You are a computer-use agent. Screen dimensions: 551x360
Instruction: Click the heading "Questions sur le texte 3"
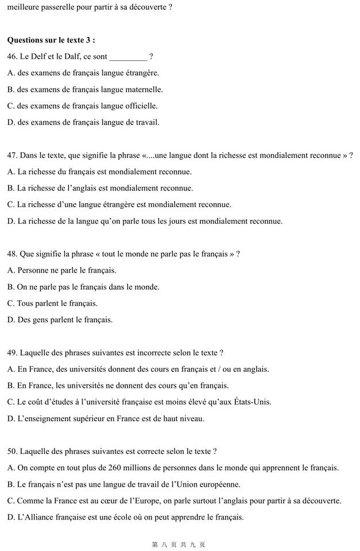coord(51,40)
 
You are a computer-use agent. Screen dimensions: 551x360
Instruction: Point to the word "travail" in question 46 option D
coord(146,122)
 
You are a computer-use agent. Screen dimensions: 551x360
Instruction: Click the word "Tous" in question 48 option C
coord(25,303)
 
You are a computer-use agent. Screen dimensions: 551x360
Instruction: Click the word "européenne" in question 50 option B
coord(221,484)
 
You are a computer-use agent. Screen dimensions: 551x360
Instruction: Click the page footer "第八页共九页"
coord(179,544)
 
